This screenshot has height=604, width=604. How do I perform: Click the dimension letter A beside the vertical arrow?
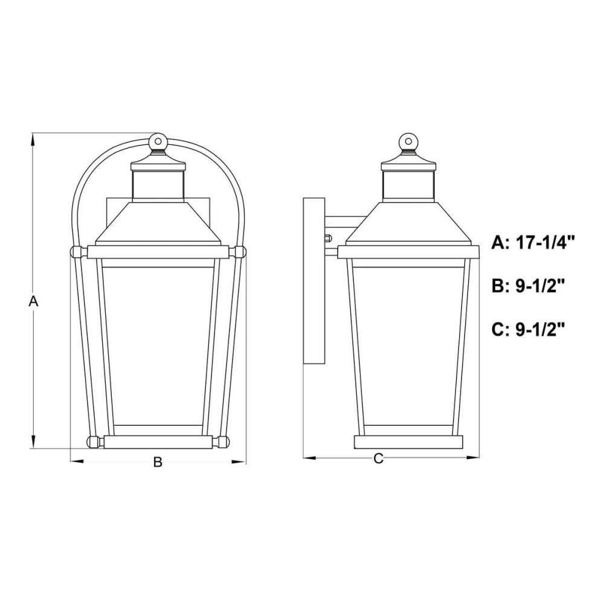pyautogui.click(x=33, y=301)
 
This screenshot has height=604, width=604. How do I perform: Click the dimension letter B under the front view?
pyautogui.click(x=158, y=462)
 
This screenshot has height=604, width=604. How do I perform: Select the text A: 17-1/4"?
pyautogui.click(x=533, y=243)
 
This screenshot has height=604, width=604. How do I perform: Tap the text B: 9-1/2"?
pyautogui.click(x=528, y=286)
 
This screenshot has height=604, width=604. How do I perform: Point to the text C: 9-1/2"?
pyautogui.click(x=528, y=330)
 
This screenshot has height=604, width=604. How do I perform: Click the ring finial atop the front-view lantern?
pyautogui.click(x=158, y=141)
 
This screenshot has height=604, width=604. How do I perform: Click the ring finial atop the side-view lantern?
pyautogui.click(x=408, y=141)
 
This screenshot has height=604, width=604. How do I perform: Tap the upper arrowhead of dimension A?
pyautogui.click(x=33, y=140)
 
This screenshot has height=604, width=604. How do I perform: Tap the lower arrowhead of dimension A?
pyautogui.click(x=33, y=442)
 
